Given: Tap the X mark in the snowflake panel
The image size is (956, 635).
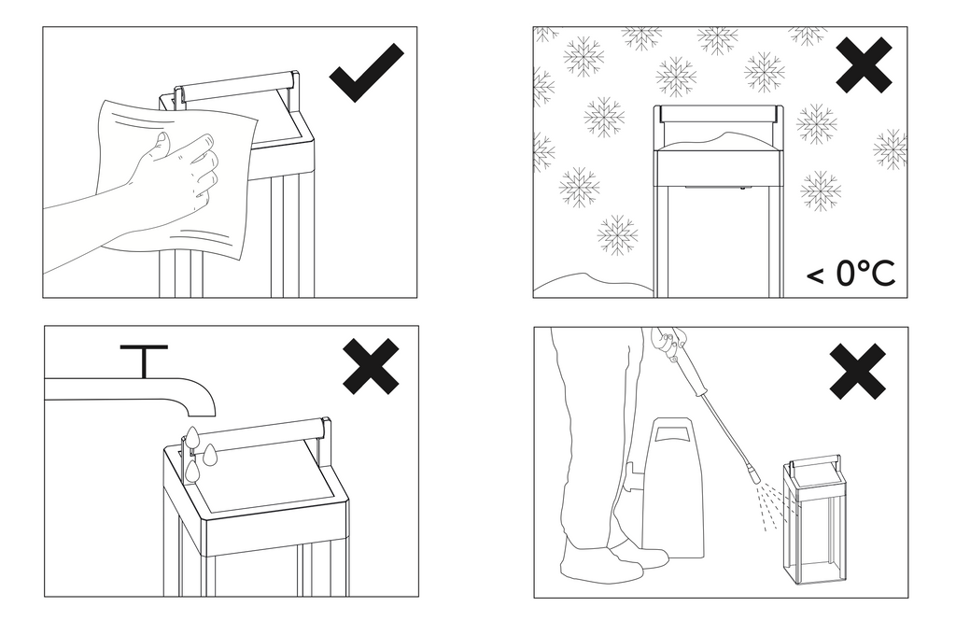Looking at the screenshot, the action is [x=864, y=64].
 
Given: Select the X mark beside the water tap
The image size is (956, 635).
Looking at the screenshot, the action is [x=371, y=367].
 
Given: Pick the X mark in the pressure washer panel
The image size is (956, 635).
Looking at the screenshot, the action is [x=858, y=372].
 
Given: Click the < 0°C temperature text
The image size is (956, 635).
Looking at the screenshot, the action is [x=851, y=274].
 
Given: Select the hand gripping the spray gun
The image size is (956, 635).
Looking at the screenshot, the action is [x=669, y=341].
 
